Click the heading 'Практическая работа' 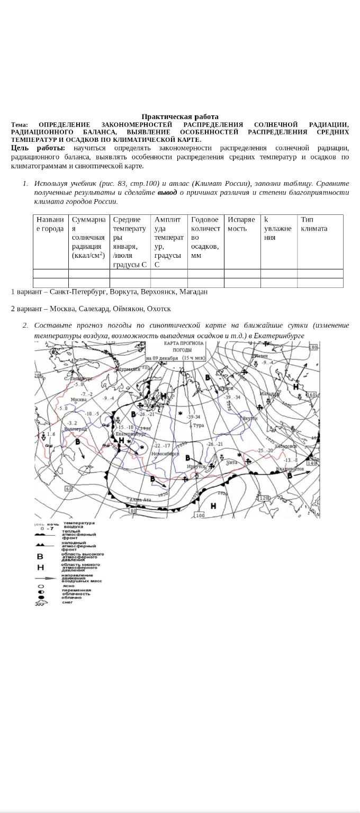click(180, 116)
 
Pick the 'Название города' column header click(50, 224)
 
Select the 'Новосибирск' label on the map click(163, 454)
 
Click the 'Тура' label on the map click(199, 426)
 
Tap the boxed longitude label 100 click(200, 515)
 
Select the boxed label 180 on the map click(312, 347)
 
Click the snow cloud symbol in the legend click(41, 603)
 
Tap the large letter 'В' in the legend click(40, 556)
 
